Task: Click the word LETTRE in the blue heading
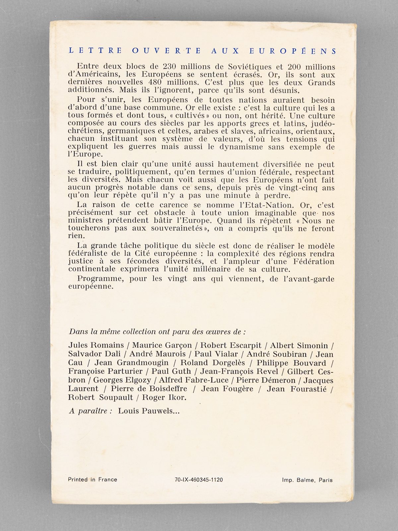pos(95,51)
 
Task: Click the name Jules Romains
pos(96,345)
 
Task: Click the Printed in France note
pos(93,480)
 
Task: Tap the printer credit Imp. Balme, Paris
pos(307,480)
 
